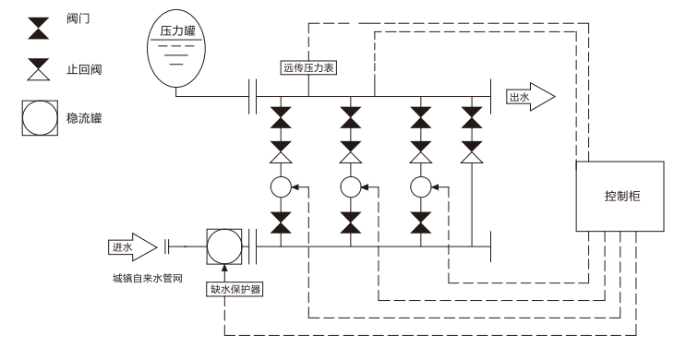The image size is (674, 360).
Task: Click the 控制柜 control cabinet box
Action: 620,197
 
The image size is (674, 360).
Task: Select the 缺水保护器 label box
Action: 235,289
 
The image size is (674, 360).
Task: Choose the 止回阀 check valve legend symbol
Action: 38,67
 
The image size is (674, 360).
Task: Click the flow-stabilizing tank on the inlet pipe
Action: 223,247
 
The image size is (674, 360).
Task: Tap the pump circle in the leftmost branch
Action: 280,186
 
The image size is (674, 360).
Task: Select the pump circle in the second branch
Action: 350,186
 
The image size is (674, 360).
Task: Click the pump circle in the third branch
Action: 421,186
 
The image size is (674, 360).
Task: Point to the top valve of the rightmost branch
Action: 473,117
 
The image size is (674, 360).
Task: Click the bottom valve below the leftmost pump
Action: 280,222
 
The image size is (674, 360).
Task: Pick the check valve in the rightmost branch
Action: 473,150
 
